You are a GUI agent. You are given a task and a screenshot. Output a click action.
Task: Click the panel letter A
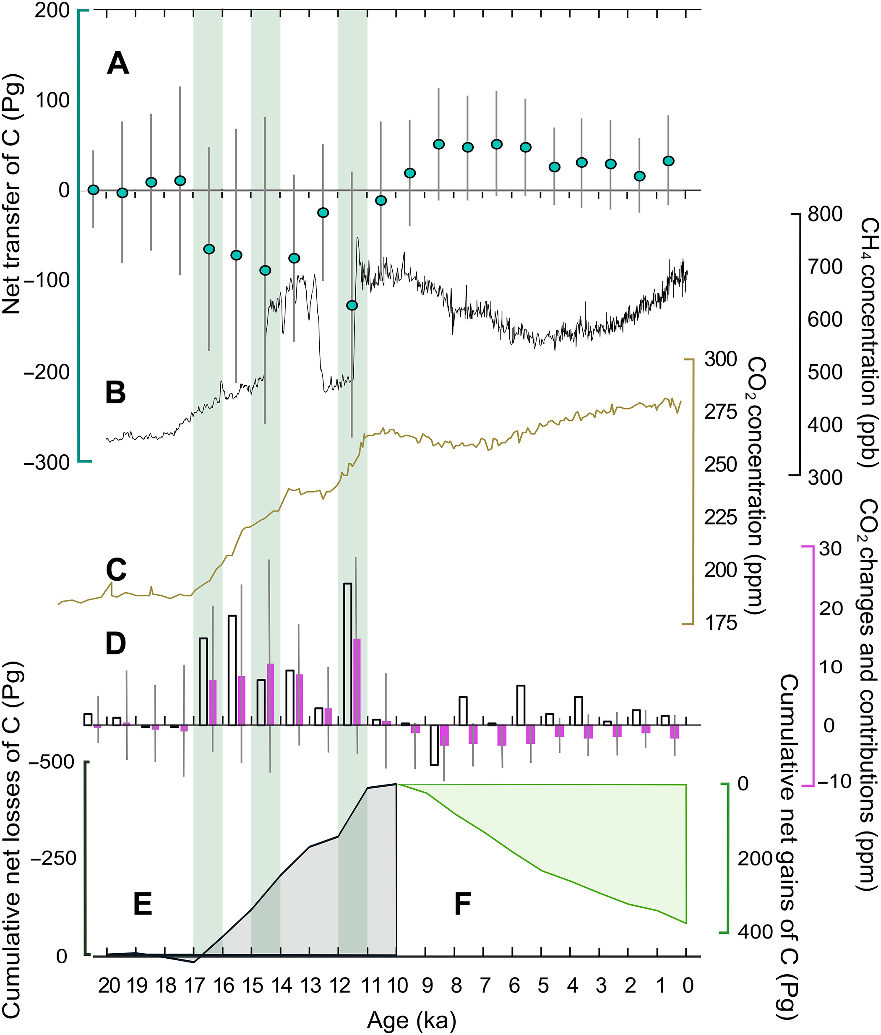(x=118, y=65)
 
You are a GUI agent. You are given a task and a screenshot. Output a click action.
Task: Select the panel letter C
(x=116, y=569)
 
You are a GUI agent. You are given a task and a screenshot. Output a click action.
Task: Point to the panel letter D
(x=116, y=644)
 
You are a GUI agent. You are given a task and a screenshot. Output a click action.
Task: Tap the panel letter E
(x=143, y=876)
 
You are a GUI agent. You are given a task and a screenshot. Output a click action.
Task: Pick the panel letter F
(x=462, y=876)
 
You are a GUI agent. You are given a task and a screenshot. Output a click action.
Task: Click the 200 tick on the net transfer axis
(x=52, y=11)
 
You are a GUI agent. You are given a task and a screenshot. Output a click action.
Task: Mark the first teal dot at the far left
(x=94, y=190)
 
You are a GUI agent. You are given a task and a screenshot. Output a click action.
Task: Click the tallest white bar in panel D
(x=348, y=654)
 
